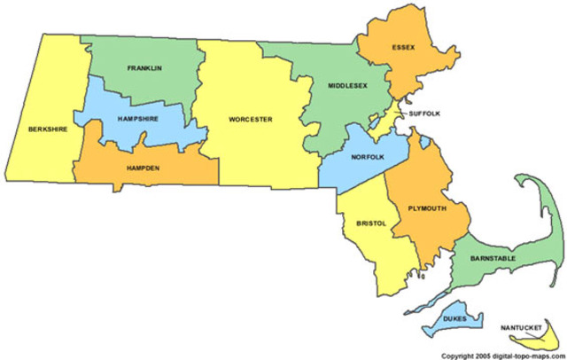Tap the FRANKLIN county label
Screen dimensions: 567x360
point(144,68)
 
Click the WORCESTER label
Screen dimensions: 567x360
point(250,119)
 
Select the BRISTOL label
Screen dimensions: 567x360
point(369,223)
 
